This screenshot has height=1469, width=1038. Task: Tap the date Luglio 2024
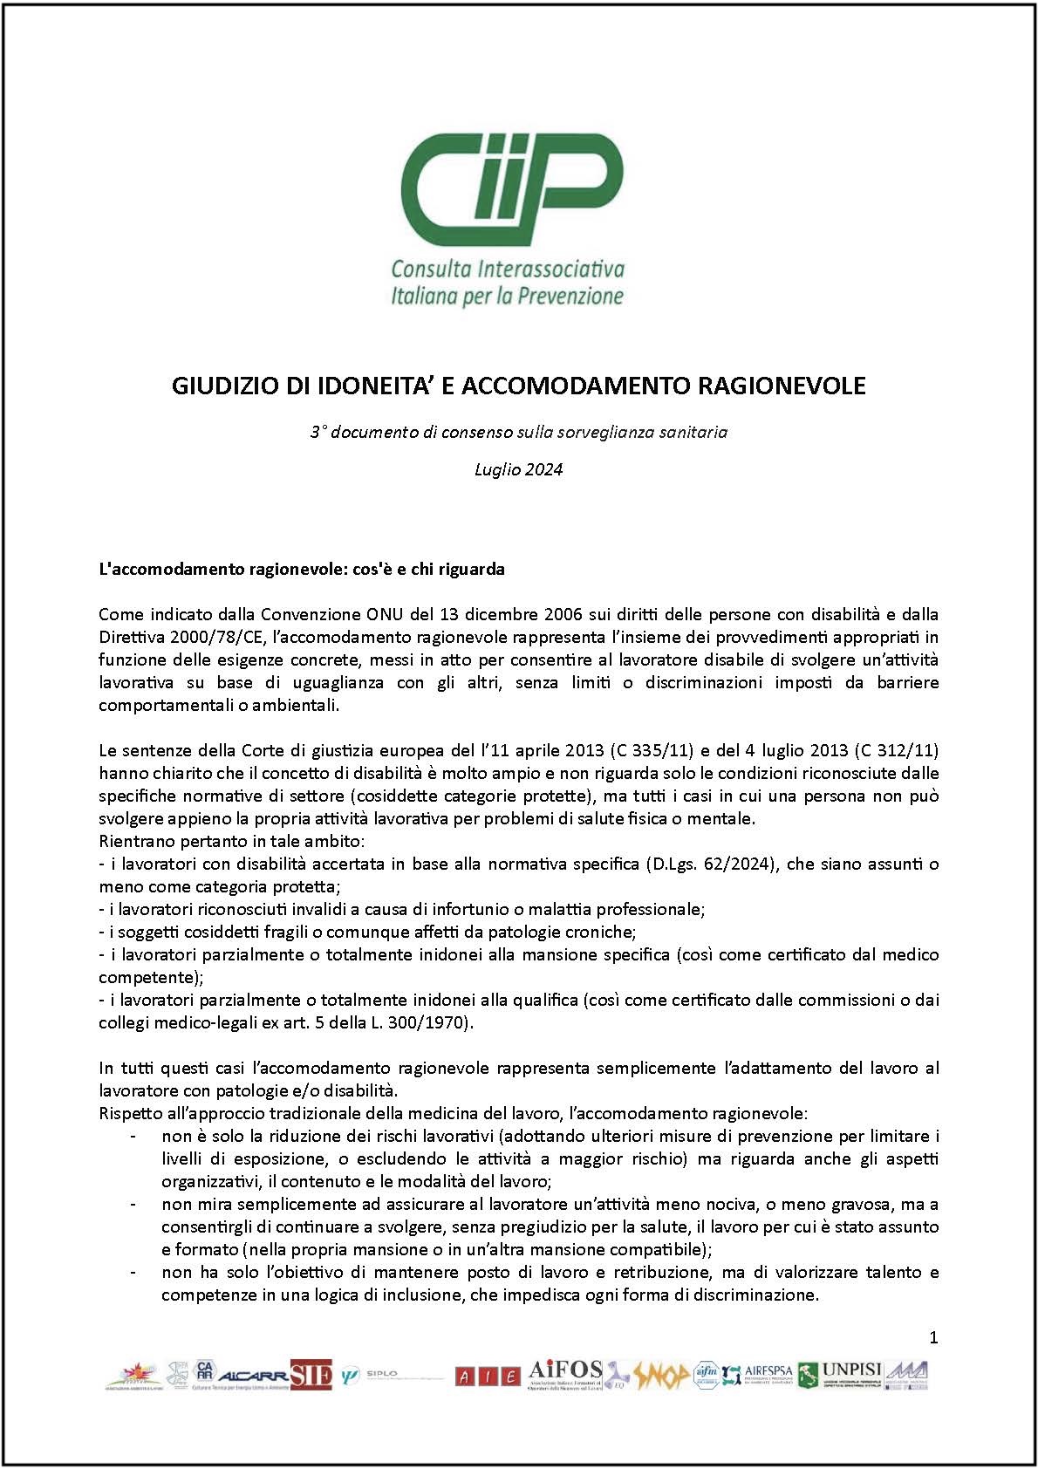click(x=519, y=469)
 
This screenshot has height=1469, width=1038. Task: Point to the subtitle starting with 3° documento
click(x=519, y=432)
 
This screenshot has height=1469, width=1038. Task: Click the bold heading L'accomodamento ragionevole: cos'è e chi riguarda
click(x=302, y=569)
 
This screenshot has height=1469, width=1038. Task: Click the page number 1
click(x=933, y=1338)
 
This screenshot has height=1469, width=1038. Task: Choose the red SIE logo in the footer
click(x=311, y=1376)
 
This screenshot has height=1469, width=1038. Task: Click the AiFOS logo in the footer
click(x=565, y=1372)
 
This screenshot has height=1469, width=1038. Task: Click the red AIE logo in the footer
click(x=488, y=1377)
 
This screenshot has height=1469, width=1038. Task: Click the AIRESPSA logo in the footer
click(x=768, y=1373)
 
